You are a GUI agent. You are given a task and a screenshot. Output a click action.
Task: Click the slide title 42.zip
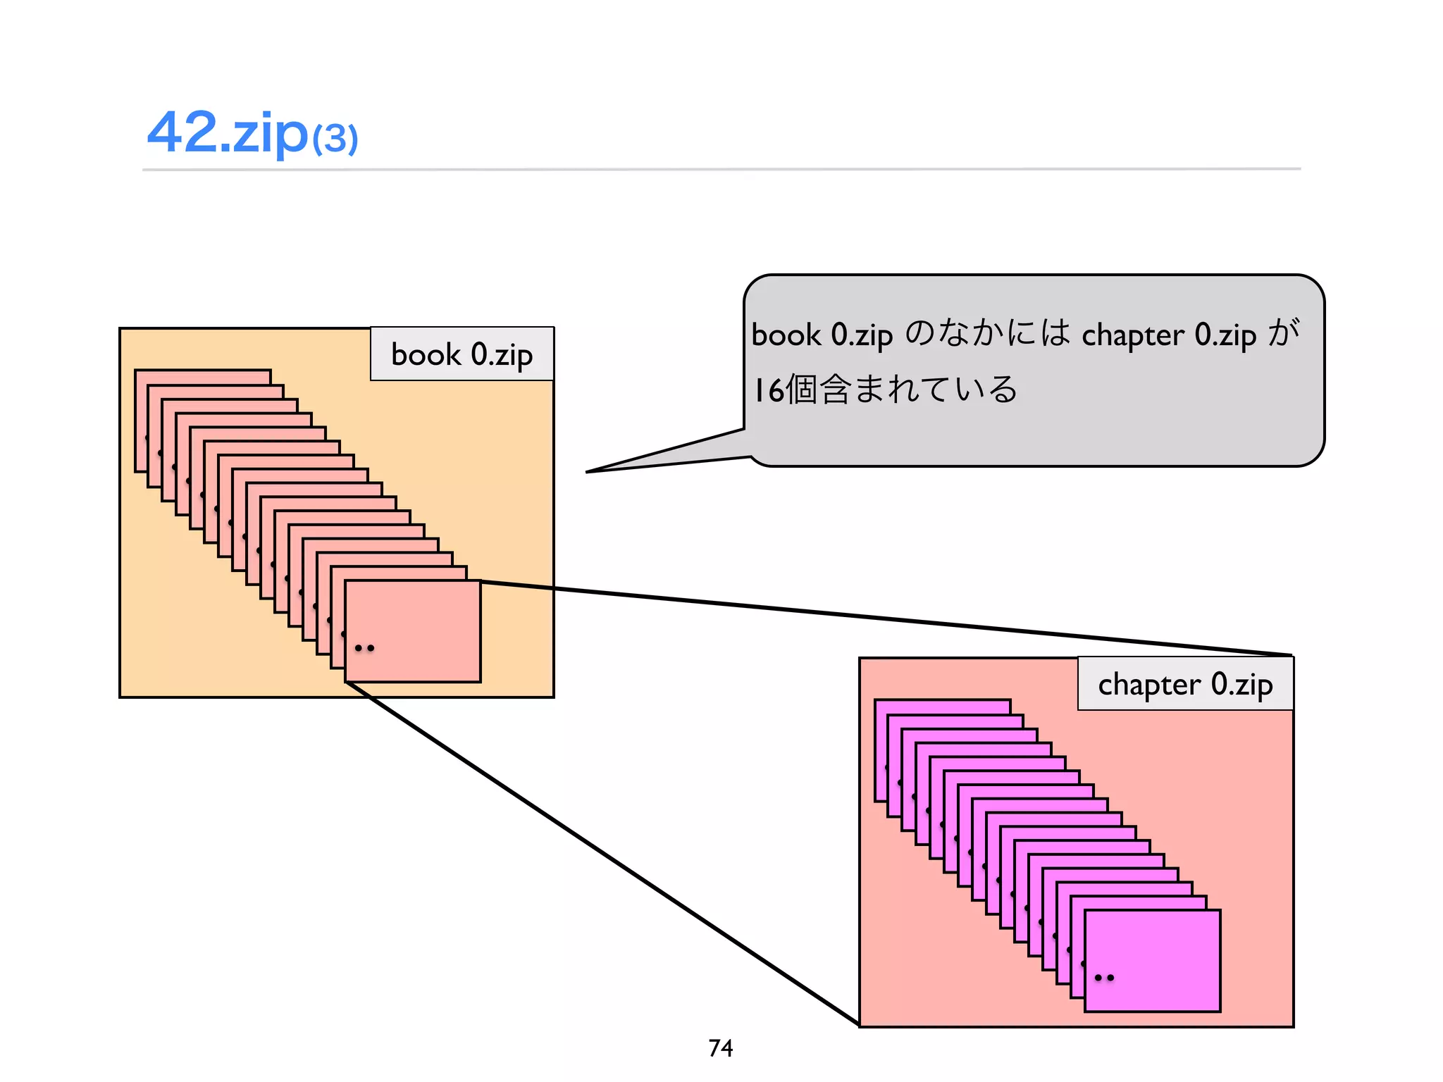pos(227,132)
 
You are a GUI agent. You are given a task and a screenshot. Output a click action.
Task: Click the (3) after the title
pos(335,139)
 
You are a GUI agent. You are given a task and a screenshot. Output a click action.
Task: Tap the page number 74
pos(720,1048)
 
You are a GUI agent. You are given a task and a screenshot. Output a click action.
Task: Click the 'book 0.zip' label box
pos(462,354)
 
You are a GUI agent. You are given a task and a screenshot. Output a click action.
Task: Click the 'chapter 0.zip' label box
pos(1185,684)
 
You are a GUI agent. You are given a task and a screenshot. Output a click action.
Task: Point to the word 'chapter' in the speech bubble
pos(1132,335)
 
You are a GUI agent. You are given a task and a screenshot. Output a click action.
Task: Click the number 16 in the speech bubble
pos(768,390)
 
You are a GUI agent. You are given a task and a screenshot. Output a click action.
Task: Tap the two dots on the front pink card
pos(364,648)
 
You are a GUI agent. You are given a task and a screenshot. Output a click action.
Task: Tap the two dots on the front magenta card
pos(1104,978)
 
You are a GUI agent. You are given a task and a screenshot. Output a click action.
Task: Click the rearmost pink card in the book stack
pos(202,376)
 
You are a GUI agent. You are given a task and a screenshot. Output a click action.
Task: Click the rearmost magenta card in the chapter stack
pos(942,706)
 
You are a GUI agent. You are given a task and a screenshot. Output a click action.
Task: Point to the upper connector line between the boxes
pos(881,618)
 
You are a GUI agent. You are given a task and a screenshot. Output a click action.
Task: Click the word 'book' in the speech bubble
pos(786,335)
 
